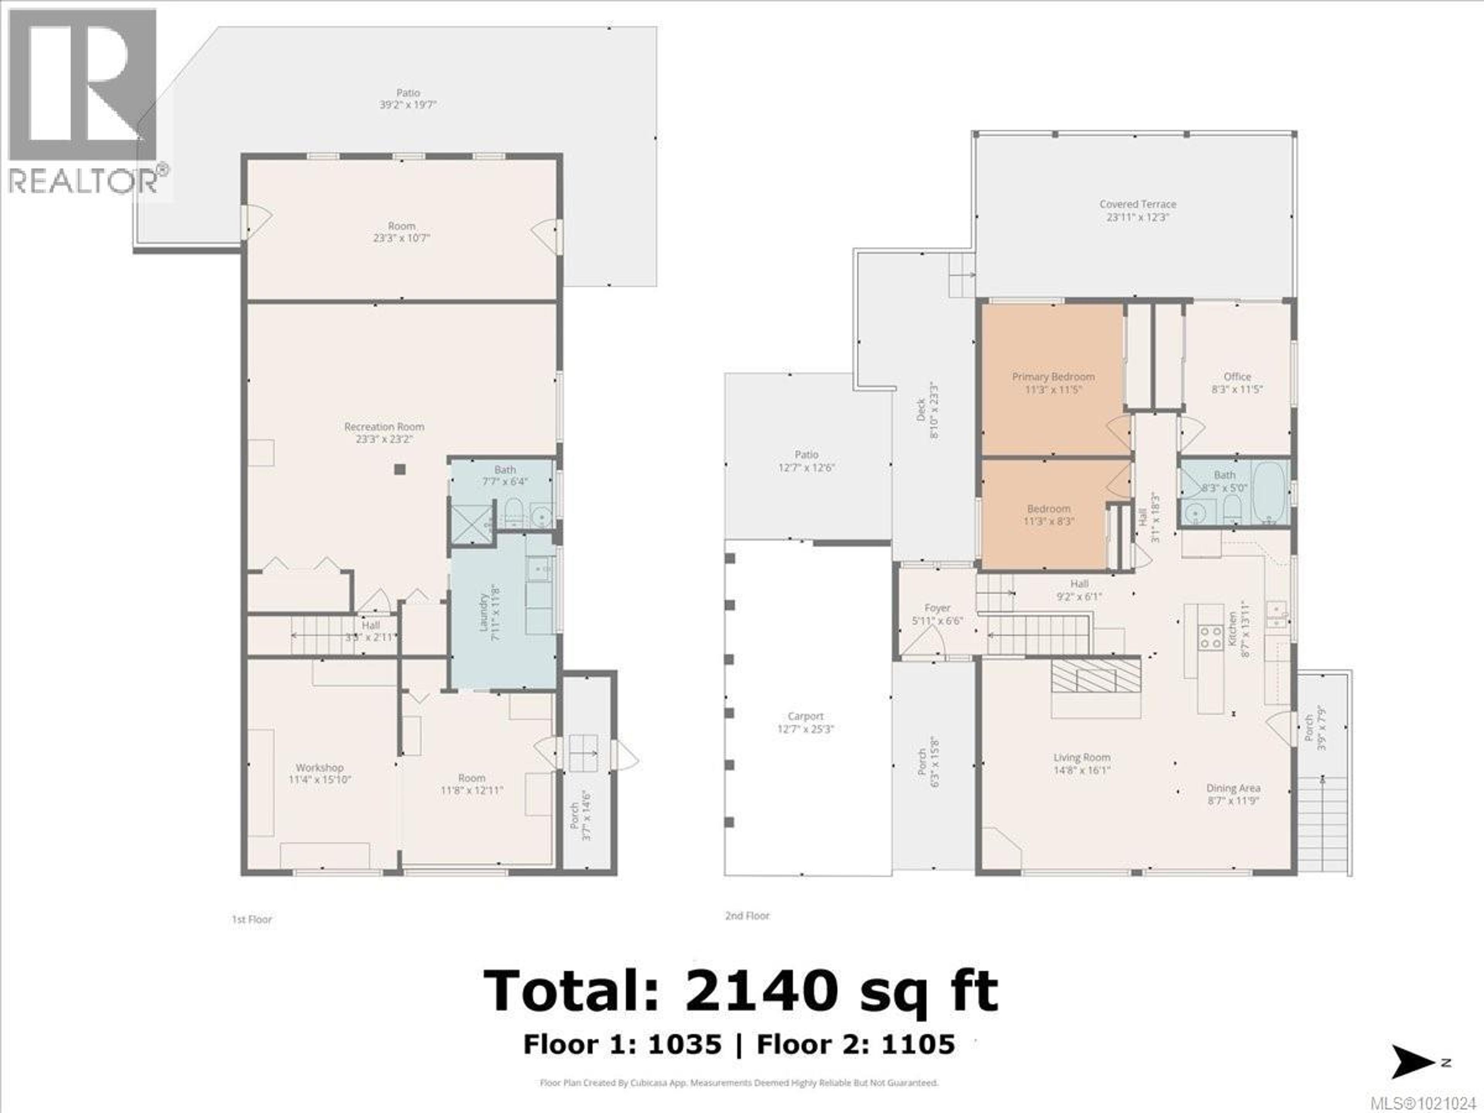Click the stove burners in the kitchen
pyautogui.click(x=1210, y=636)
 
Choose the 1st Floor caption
pyautogui.click(x=252, y=919)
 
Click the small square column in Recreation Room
pyautogui.click(x=400, y=470)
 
